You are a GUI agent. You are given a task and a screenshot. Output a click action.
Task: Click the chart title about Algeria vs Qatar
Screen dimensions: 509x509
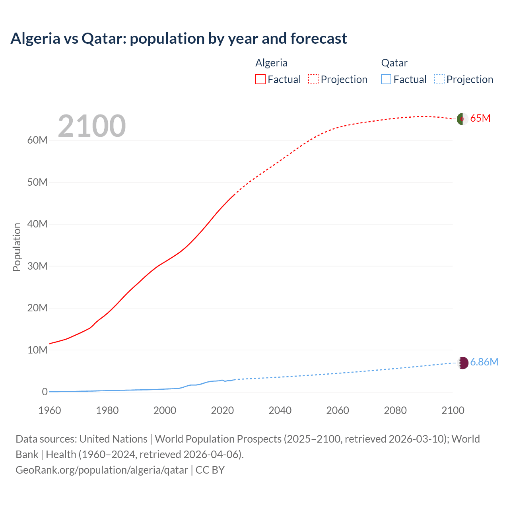pyautogui.click(x=179, y=39)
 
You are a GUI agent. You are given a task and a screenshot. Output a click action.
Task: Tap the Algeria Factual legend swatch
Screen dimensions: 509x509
pyautogui.click(x=260, y=79)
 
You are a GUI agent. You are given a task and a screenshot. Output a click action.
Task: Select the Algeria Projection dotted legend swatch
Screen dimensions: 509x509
pyautogui.click(x=313, y=79)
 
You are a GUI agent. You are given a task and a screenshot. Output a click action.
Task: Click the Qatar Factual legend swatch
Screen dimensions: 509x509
pyautogui.click(x=386, y=79)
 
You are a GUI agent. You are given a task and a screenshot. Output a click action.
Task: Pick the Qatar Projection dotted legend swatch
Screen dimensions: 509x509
pyautogui.click(x=439, y=79)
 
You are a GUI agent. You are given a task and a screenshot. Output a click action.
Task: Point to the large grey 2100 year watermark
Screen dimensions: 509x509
pyautogui.click(x=92, y=126)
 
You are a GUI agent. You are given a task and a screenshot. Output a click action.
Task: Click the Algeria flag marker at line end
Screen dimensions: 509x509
pyautogui.click(x=462, y=119)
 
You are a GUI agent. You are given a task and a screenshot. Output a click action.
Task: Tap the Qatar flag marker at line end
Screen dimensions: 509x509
pyautogui.click(x=463, y=362)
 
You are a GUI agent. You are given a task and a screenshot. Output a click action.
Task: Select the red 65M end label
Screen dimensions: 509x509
pyautogui.click(x=480, y=119)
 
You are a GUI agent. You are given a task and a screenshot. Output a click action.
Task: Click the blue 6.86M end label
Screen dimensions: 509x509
pyautogui.click(x=484, y=362)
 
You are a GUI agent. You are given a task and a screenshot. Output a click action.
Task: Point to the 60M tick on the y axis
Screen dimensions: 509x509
pyautogui.click(x=37, y=140)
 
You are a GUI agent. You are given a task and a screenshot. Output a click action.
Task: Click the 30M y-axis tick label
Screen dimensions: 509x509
pyautogui.click(x=37, y=266)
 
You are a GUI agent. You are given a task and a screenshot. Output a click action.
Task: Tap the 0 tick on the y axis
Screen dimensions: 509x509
pyautogui.click(x=45, y=392)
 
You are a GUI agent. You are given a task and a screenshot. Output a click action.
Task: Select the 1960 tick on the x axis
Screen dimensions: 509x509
pyautogui.click(x=50, y=410)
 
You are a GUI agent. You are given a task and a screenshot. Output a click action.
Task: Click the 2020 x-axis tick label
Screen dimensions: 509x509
pyautogui.click(x=222, y=410)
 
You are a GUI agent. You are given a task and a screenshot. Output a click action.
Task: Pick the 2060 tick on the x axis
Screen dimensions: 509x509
pyautogui.click(x=338, y=410)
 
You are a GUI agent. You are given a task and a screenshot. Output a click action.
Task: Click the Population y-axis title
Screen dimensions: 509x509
pyautogui.click(x=17, y=247)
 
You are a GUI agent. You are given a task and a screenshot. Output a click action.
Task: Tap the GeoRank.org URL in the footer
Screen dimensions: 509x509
pyautogui.click(x=102, y=470)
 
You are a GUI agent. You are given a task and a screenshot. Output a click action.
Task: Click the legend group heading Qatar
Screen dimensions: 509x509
pyautogui.click(x=394, y=63)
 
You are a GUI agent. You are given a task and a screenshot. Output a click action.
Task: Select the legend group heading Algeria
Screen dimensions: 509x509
pyautogui.click(x=271, y=63)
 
